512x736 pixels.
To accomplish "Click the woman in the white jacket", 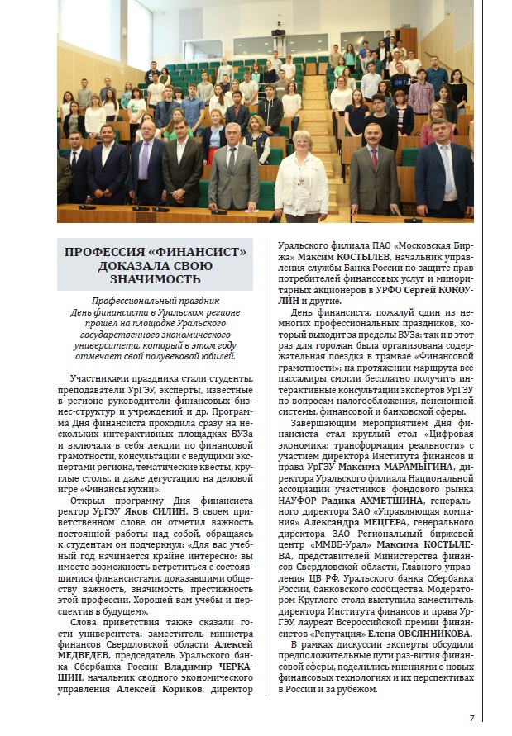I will (x=301, y=177).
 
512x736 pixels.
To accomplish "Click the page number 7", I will (x=471, y=717).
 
